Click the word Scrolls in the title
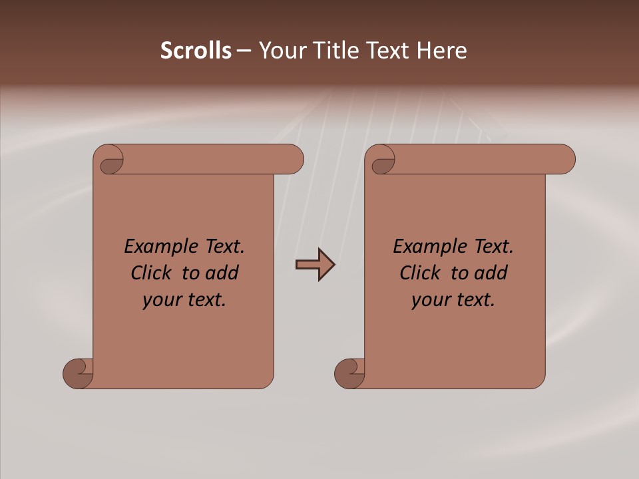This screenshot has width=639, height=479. click(196, 51)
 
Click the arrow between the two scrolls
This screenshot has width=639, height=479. click(315, 265)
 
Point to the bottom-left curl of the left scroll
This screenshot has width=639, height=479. click(78, 373)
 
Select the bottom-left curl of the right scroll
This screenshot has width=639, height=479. click(349, 373)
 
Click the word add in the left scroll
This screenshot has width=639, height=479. click(222, 273)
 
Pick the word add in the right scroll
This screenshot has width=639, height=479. click(491, 273)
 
